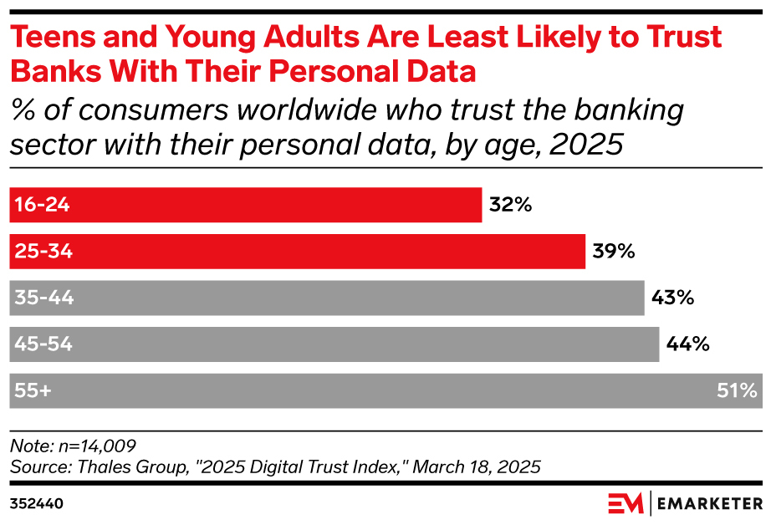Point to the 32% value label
tap(511, 205)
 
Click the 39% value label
tap(614, 252)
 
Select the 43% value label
tap(673, 298)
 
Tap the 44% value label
tap(687, 344)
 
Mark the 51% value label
tap(736, 390)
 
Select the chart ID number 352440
tap(36, 504)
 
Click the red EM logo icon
tap(625, 503)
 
